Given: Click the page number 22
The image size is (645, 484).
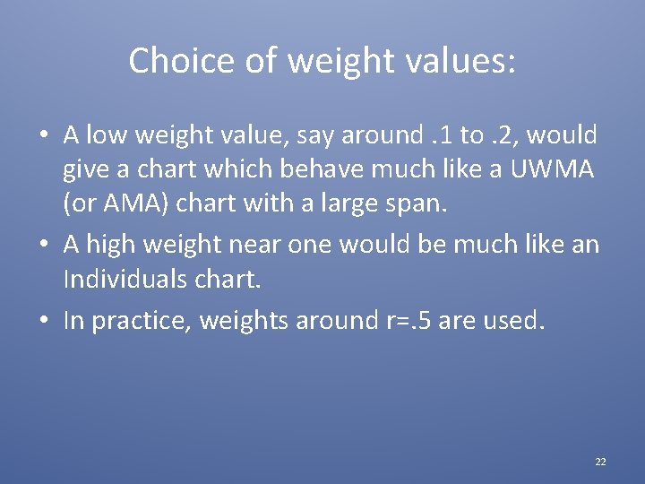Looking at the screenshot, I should pyautogui.click(x=600, y=462).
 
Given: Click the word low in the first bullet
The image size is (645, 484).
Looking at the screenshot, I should pyautogui.click(x=104, y=135).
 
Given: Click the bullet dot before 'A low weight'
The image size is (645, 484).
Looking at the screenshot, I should pyautogui.click(x=43, y=136).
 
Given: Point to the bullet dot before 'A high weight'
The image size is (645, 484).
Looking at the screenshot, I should pyautogui.click(x=43, y=244).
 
